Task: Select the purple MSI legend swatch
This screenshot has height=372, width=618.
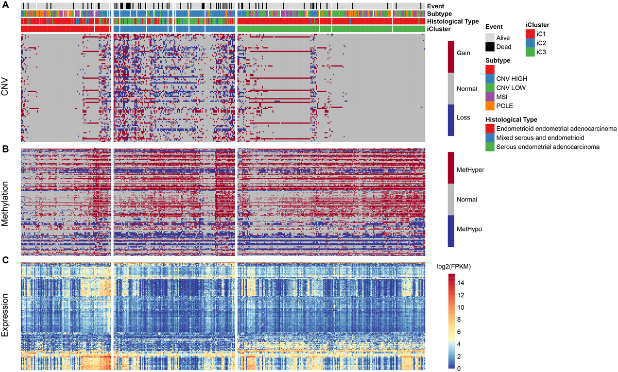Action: pyautogui.click(x=490, y=96)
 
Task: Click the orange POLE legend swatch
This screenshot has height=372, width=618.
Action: pyautogui.click(x=490, y=106)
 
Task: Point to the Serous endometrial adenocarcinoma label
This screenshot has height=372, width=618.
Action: pyautogui.click(x=548, y=147)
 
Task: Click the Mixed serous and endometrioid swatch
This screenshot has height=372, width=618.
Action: pyautogui.click(x=490, y=138)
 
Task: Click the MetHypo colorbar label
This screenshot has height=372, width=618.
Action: pyautogui.click(x=470, y=228)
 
